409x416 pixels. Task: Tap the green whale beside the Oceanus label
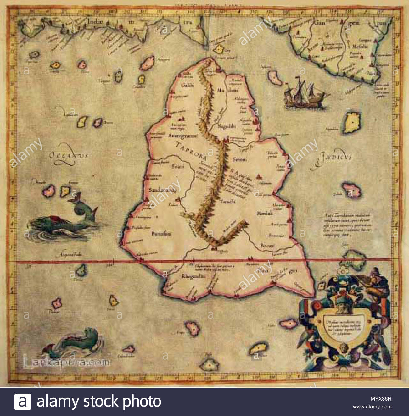(63, 220)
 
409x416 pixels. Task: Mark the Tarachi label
(227, 202)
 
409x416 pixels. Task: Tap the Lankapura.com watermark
(67, 363)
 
